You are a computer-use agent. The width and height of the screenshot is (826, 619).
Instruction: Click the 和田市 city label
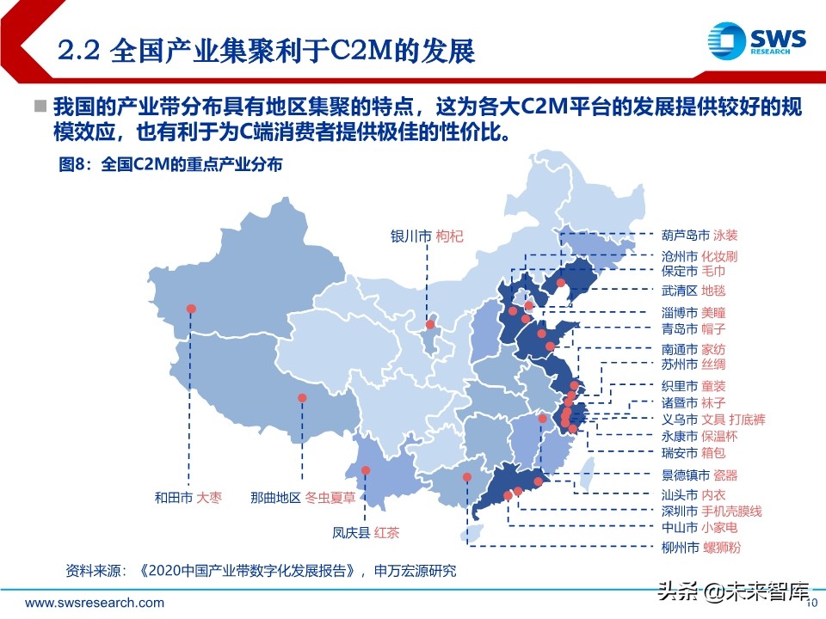[x=173, y=497]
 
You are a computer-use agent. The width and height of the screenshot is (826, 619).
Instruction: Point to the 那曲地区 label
[x=275, y=497]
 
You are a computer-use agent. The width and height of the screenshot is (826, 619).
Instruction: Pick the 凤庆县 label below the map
[x=351, y=531]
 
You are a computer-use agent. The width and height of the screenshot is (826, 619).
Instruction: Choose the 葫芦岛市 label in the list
[x=686, y=235]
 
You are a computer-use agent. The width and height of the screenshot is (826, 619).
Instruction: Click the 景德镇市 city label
[x=686, y=475]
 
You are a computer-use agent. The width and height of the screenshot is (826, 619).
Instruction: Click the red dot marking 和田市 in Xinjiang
[x=191, y=308]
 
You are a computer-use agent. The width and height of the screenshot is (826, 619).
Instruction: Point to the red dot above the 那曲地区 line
[x=302, y=397]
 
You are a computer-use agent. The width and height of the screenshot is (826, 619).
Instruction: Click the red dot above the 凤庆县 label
[x=366, y=470]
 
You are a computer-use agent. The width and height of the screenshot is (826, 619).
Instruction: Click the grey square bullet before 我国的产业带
[x=40, y=106]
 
